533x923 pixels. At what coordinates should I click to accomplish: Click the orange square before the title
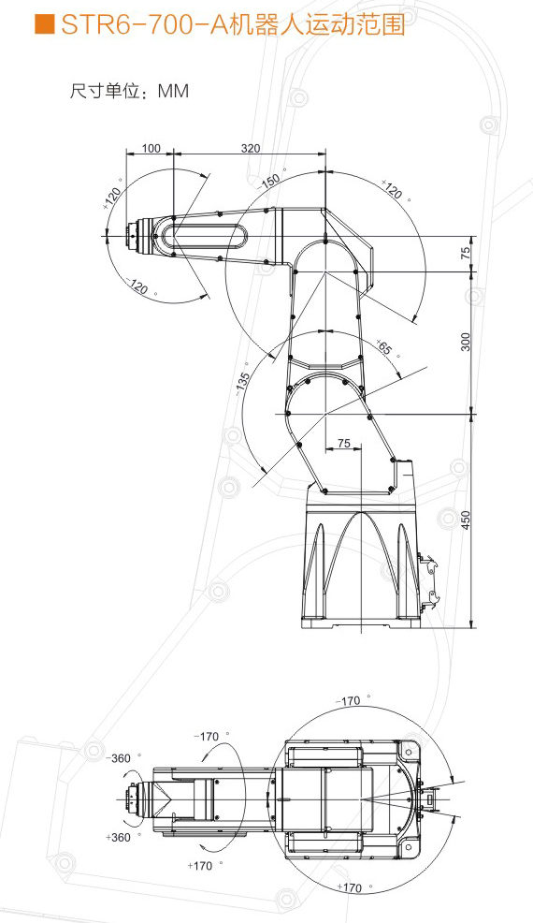pyautogui.click(x=44, y=24)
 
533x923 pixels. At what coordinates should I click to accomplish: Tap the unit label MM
pyautogui.click(x=174, y=91)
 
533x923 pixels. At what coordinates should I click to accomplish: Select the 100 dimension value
pyautogui.click(x=151, y=148)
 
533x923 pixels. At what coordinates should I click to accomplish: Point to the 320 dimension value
pyautogui.click(x=251, y=148)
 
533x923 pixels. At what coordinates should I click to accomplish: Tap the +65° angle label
pyautogui.click(x=386, y=348)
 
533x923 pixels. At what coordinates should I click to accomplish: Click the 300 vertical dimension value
pyautogui.click(x=466, y=342)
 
